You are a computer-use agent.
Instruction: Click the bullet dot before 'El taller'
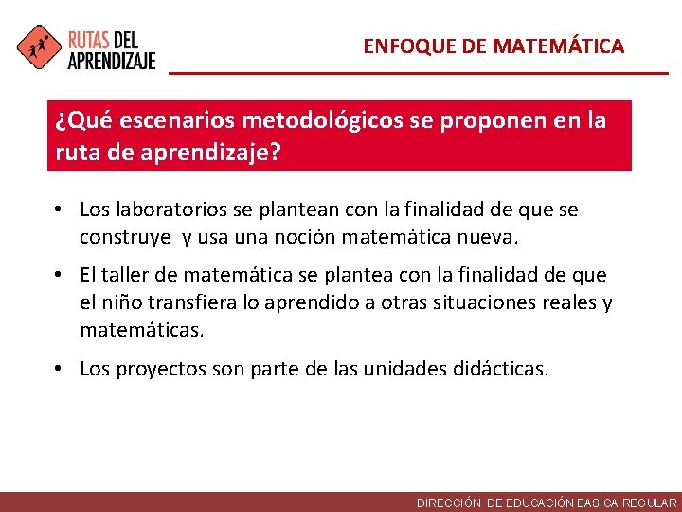pos(60,275)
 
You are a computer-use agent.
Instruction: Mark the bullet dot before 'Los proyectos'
pos(60,369)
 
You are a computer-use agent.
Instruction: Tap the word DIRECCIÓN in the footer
pos(450,503)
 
